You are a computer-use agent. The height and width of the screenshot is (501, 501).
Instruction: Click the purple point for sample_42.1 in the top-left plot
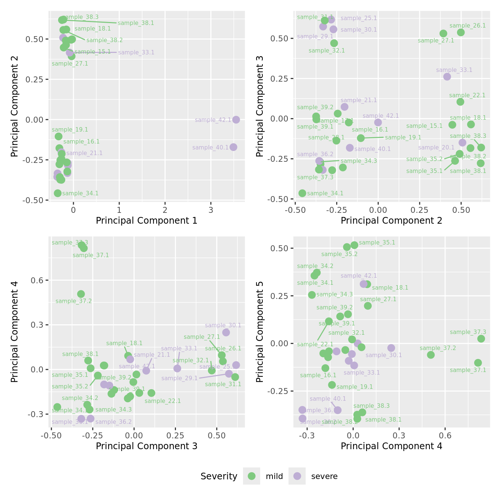(x=236, y=120)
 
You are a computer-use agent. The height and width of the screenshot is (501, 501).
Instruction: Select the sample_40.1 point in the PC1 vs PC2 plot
(x=233, y=147)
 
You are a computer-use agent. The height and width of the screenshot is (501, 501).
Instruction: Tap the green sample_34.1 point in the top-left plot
(x=57, y=193)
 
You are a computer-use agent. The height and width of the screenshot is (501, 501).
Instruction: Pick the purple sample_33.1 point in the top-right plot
(x=447, y=76)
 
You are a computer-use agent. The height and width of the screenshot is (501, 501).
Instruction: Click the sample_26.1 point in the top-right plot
(x=461, y=32)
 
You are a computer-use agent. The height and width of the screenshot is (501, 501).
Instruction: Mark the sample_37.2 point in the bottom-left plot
(x=81, y=294)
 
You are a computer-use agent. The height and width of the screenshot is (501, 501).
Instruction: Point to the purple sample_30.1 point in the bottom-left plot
(x=226, y=333)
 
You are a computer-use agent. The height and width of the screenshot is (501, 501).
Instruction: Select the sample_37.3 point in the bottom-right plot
(x=481, y=339)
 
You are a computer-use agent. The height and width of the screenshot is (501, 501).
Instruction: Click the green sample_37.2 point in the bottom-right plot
(x=431, y=355)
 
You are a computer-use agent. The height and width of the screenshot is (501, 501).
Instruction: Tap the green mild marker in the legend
(x=252, y=476)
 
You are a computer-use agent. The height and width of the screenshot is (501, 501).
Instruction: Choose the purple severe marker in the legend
(x=297, y=476)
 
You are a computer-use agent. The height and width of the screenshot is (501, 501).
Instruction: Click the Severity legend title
(x=219, y=476)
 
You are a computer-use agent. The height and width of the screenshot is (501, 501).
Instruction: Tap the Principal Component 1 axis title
(x=146, y=221)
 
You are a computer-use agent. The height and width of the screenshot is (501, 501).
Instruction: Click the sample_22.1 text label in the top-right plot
(x=467, y=95)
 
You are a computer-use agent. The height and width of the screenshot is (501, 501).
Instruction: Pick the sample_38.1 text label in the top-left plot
(x=136, y=23)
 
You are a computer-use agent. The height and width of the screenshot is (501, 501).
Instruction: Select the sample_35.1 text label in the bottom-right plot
(x=377, y=243)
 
